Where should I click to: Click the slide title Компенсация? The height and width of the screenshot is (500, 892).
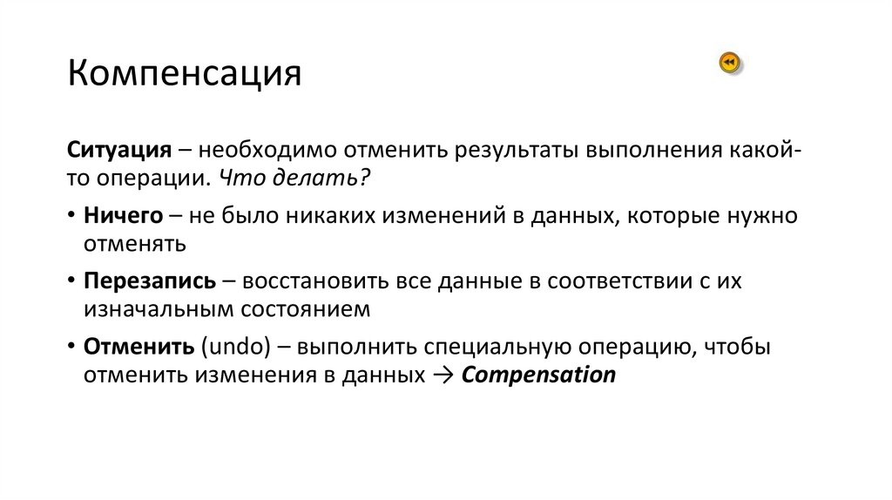185,74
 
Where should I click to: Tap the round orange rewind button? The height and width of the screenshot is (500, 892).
730,63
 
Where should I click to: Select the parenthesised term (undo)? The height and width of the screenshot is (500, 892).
232,348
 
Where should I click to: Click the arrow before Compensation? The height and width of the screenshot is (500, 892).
443,375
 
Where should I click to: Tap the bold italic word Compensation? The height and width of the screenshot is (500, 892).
537,375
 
